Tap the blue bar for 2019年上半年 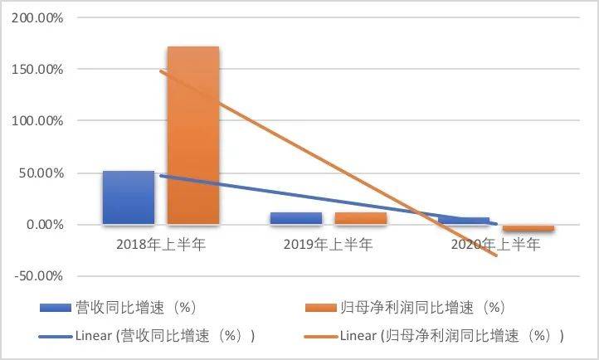click(296, 218)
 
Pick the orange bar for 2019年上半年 click(361, 218)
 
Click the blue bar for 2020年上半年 click(464, 221)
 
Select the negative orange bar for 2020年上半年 click(528, 228)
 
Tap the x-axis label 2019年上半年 click(329, 245)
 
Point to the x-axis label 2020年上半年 click(495, 245)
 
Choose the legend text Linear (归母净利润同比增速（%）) click(452, 336)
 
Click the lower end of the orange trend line click(496, 255)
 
